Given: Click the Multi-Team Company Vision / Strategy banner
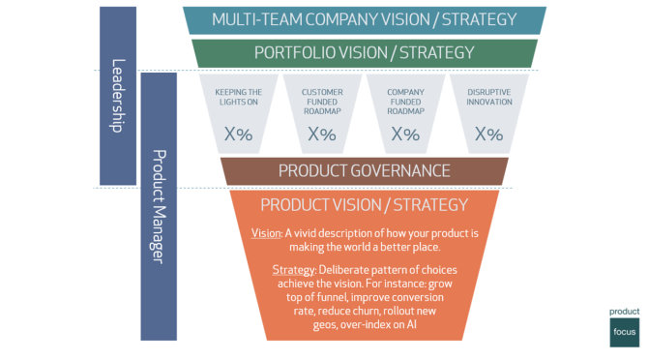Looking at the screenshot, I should (364, 19).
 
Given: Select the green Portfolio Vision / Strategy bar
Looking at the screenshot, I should (364, 52).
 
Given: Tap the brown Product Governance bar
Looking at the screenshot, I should (364, 171).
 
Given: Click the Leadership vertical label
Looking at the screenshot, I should (117, 97).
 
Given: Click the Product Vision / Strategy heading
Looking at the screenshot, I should (364, 205).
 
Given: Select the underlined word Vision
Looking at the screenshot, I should (265, 235).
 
